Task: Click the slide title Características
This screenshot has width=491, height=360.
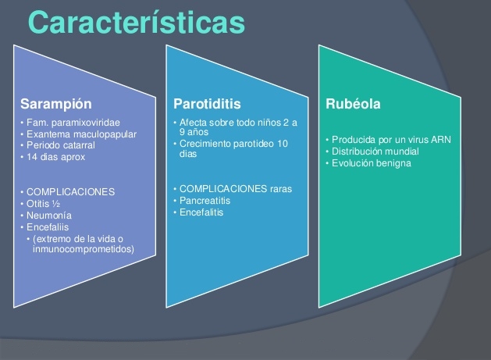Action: pyautogui.click(x=137, y=22)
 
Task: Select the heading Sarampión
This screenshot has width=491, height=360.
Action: pyautogui.click(x=56, y=105)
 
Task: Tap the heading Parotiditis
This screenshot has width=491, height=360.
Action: pyautogui.click(x=207, y=104)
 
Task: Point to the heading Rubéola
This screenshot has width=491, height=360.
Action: pyautogui.click(x=353, y=104)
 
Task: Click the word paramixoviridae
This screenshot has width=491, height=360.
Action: pyautogui.click(x=86, y=123)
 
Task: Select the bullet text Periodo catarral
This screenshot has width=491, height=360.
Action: pyautogui.click(x=61, y=145)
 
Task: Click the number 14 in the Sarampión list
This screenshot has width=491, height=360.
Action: pyautogui.click(x=32, y=157)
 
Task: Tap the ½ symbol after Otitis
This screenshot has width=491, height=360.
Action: pyautogui.click(x=56, y=204)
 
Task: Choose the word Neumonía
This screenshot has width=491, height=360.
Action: pyautogui.click(x=49, y=216)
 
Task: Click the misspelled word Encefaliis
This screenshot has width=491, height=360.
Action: pyautogui.click(x=48, y=227)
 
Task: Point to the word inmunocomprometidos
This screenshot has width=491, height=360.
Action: pyautogui.click(x=84, y=249)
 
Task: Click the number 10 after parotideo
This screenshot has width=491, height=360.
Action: pyautogui.click(x=283, y=144)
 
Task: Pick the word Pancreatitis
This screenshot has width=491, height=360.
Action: pyautogui.click(x=205, y=201)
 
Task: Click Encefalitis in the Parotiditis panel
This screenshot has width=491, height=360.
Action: pyautogui.click(x=201, y=212)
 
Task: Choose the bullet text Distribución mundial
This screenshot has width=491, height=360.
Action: pyautogui.click(x=375, y=151)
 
